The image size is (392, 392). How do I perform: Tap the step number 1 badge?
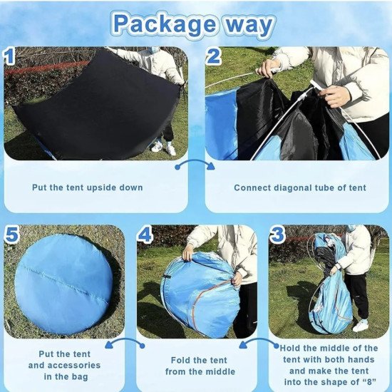[x=9, y=56]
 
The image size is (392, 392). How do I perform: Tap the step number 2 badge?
[x=213, y=56]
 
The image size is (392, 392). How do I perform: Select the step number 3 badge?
[x=277, y=234]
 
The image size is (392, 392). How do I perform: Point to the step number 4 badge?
[x=145, y=234]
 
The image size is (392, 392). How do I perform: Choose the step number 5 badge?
[x=11, y=234]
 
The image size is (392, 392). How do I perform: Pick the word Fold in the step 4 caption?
[x=180, y=360]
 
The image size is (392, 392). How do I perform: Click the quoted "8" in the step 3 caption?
[x=369, y=382]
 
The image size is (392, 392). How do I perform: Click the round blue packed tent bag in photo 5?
[x=63, y=284]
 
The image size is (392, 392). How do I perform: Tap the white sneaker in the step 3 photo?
[x=360, y=326]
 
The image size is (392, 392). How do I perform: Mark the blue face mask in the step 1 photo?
[x=155, y=50]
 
